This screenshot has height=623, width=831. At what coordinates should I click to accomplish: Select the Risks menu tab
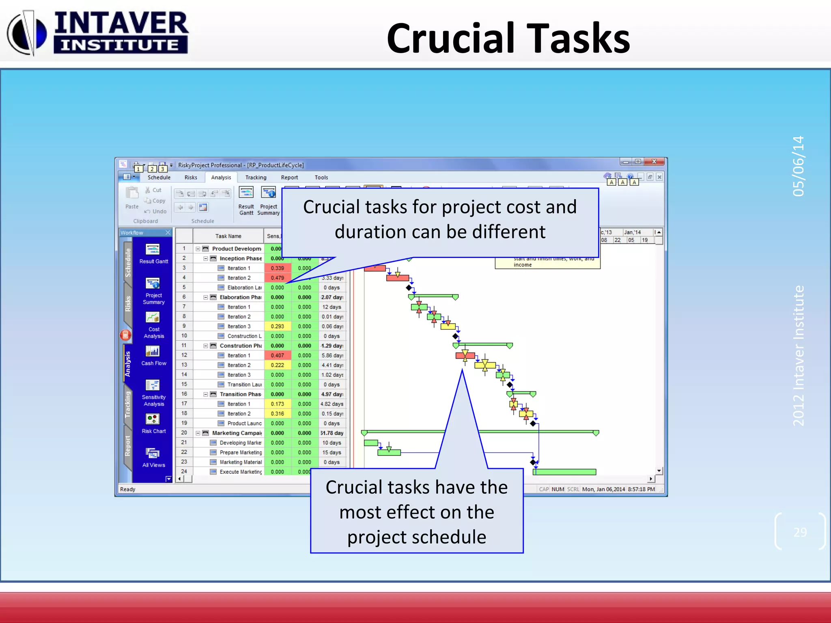191,178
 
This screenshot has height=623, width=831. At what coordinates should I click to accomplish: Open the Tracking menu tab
256,178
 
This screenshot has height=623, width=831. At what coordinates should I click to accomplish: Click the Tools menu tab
321,178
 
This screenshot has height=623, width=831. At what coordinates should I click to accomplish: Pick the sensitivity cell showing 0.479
278,278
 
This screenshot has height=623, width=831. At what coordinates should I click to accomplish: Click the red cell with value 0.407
278,355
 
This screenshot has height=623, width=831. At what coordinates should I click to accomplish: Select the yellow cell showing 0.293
278,327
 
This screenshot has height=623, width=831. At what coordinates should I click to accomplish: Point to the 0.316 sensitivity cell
278,414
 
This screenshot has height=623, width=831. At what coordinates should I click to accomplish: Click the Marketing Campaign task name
237,433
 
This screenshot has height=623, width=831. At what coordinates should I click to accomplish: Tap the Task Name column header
228,236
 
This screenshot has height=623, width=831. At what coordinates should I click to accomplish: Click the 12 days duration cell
332,307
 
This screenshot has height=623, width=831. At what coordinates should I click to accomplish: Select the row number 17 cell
184,404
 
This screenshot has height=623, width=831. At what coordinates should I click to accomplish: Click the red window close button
654,162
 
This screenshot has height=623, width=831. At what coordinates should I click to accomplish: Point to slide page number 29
800,532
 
